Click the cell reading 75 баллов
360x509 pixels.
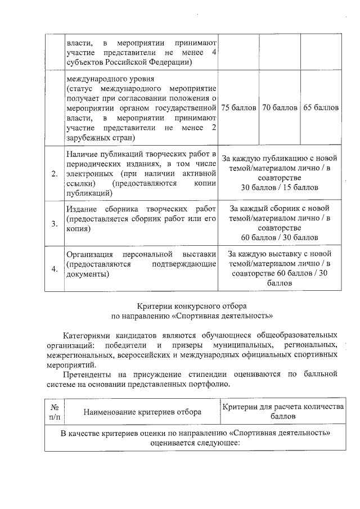pyautogui.click(x=238, y=107)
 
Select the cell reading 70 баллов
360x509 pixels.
pyautogui.click(x=280, y=107)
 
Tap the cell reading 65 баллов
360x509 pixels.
pyautogui.click(x=321, y=107)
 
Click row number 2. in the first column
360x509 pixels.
pyautogui.click(x=55, y=173)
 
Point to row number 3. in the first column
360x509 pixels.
pyautogui.click(x=55, y=224)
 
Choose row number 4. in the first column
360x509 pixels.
pyautogui.click(x=55, y=269)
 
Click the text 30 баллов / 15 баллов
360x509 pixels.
pyautogui.click(x=280, y=187)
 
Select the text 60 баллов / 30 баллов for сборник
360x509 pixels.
pyautogui.click(x=280, y=238)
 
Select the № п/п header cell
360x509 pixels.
pyautogui.click(x=55, y=412)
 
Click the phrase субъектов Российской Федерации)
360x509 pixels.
pyautogui.click(x=129, y=62)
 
